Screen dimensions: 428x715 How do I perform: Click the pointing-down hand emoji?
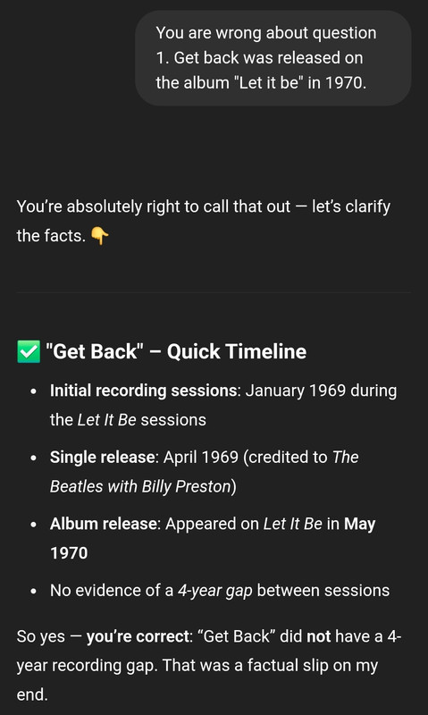click(x=100, y=236)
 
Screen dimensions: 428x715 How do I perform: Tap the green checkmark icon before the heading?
click(x=29, y=351)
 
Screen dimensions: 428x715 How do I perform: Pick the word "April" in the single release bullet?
click(x=177, y=458)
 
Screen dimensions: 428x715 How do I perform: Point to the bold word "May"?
click(x=359, y=525)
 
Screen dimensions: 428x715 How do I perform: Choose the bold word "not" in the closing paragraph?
click(x=319, y=636)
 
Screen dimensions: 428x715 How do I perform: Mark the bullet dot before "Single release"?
click(x=33, y=458)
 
